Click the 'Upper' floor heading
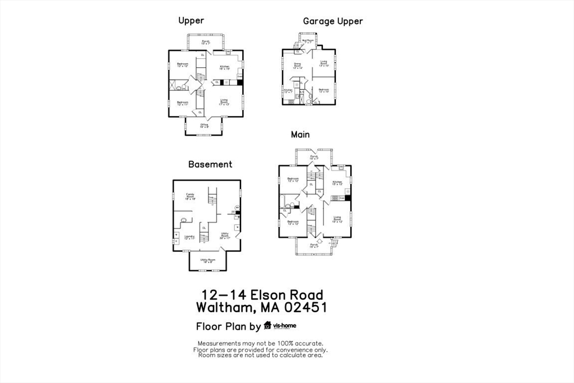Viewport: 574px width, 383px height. (191, 21)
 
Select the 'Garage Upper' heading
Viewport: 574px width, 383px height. (333, 21)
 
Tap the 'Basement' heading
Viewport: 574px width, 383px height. (210, 164)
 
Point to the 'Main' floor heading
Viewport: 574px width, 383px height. (300, 135)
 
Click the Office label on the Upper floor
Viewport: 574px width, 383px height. (204, 126)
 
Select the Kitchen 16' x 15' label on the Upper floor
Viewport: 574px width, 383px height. (225, 68)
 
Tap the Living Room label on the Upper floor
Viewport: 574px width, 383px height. (224, 102)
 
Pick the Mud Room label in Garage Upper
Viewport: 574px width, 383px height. (307, 41)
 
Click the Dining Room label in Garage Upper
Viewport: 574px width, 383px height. (297, 66)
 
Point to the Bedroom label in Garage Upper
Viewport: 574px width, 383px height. (324, 90)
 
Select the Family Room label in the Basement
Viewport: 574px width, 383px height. (190, 196)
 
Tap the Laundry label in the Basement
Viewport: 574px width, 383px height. (189, 237)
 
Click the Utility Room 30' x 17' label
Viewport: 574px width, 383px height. (225, 236)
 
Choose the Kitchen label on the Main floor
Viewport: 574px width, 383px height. (337, 183)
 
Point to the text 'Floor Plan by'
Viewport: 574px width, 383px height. (228, 327)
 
